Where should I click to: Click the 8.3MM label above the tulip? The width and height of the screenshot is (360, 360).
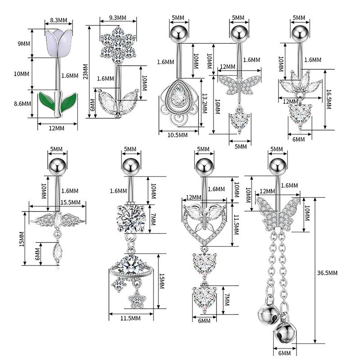coord(58,20)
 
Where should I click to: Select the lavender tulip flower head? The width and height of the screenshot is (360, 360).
coord(58,43)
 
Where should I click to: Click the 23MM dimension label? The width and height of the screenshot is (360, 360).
coord(85,72)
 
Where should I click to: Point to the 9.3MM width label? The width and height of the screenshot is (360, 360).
coord(117,18)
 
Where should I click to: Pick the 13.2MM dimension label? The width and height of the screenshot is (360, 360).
coord(204,103)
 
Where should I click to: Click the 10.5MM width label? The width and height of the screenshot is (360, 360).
coord(177,135)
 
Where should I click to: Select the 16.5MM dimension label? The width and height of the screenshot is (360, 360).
coord(329,99)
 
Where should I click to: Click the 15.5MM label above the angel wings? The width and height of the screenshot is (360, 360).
coord(71,202)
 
